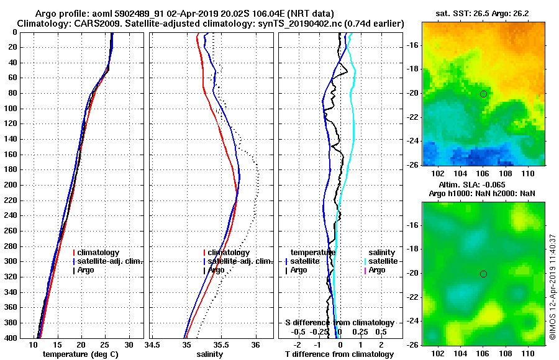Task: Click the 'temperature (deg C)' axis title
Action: click(80, 354)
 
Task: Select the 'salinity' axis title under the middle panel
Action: click(209, 354)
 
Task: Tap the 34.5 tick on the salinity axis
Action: click(153, 344)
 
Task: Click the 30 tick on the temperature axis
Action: click(129, 344)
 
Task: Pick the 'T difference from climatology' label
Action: click(339, 354)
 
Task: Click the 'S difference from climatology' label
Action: click(340, 323)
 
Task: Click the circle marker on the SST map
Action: click(483, 94)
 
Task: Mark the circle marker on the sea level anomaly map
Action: click(483, 274)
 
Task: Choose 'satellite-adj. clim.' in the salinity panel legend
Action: click(240, 261)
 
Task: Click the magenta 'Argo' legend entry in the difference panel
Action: click(377, 270)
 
